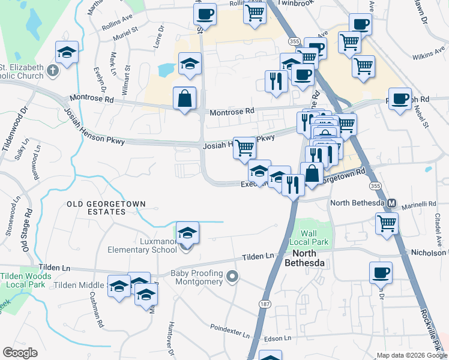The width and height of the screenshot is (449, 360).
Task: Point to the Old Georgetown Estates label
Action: (106, 208)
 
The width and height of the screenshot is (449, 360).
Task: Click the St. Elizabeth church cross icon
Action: (53, 71)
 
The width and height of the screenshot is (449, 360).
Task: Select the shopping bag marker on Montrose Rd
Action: (184, 98)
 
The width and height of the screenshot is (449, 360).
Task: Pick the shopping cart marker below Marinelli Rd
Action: (387, 223)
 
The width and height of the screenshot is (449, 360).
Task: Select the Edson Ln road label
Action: (277, 338)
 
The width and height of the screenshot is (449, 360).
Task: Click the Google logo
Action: (20, 353)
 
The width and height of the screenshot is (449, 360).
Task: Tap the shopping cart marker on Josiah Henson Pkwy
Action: (244, 146)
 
